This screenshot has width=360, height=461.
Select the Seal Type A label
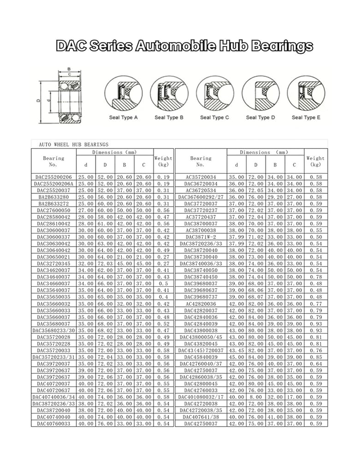point(123,117)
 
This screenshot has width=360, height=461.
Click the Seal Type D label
point(260,117)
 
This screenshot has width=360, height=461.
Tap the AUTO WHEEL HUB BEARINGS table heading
point(71,144)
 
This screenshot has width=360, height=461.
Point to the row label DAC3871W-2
point(201,236)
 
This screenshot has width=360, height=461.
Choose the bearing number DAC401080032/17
point(201,396)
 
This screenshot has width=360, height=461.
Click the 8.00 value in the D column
point(256,396)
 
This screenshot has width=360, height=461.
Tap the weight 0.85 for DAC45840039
point(316,356)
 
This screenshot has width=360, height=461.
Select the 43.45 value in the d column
point(236,350)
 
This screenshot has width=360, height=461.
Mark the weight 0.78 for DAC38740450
point(316,277)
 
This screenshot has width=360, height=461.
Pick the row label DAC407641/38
point(201,416)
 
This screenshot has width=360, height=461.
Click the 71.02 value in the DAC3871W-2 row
point(256,236)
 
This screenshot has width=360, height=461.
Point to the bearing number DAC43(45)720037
point(201,350)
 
